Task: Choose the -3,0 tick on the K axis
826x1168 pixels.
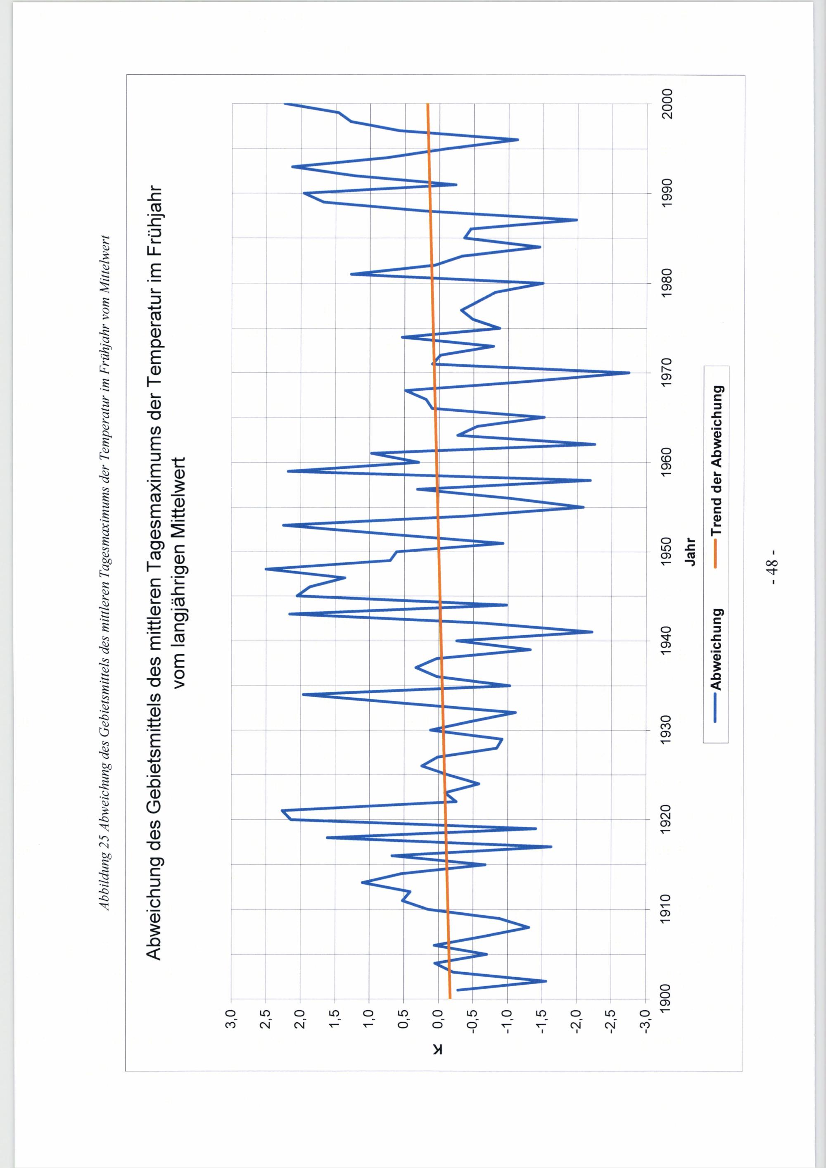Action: tap(646, 1021)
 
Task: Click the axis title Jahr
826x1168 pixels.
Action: tap(690, 552)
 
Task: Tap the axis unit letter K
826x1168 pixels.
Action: tap(439, 1049)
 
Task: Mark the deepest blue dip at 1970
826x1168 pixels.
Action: tap(629, 373)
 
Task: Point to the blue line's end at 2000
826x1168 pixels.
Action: tap(285, 104)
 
